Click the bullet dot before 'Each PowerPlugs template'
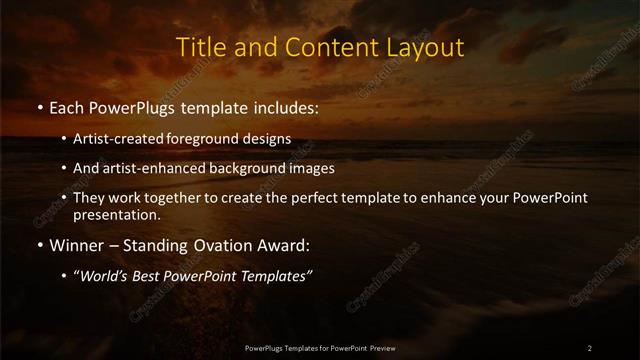pos(39,107)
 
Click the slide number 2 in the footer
pos(589,347)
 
